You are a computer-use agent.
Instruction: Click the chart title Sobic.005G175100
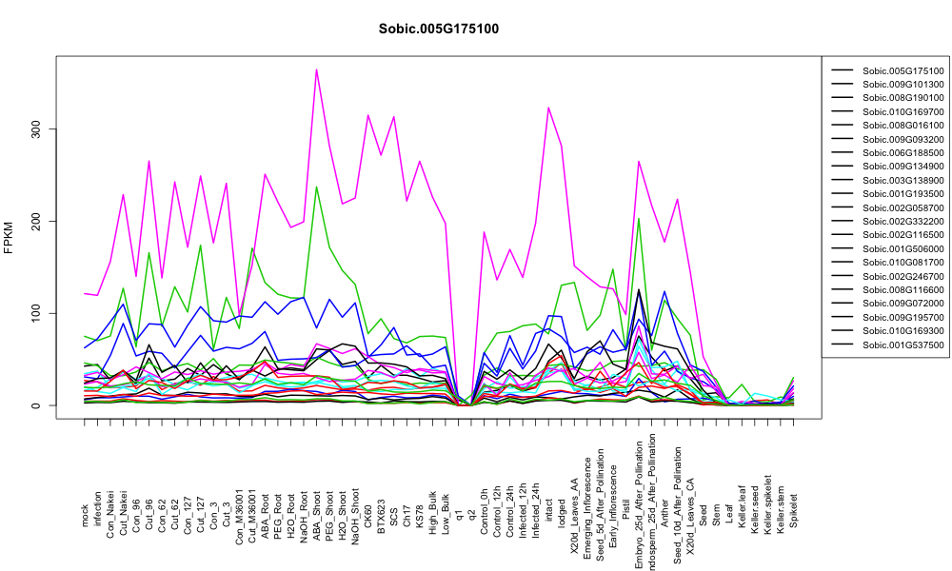438,30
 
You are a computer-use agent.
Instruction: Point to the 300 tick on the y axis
37,128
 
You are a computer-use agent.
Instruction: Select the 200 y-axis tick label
37,221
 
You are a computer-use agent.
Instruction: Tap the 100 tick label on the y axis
37,313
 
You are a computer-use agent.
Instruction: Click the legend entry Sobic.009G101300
902,85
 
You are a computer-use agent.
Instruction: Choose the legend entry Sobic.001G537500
902,345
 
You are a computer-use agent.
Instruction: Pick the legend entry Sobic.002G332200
902,222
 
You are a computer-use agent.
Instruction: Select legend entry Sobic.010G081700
902,263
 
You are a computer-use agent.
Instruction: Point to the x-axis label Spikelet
794,510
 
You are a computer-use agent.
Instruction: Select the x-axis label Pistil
626,513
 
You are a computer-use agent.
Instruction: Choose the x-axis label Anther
664,512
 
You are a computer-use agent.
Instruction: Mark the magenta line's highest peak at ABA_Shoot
316,69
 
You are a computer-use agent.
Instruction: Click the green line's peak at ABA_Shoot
316,187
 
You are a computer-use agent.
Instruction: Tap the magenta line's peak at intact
548,108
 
